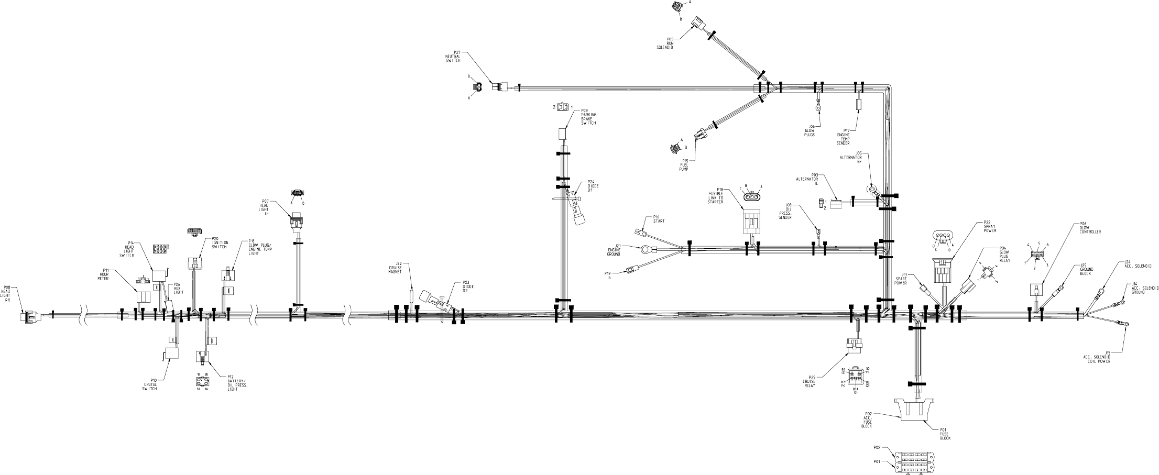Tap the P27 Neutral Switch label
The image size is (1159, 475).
[x=453, y=57]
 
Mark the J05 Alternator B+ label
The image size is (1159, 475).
[x=851, y=158]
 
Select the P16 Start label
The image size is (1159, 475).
[x=658, y=219]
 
